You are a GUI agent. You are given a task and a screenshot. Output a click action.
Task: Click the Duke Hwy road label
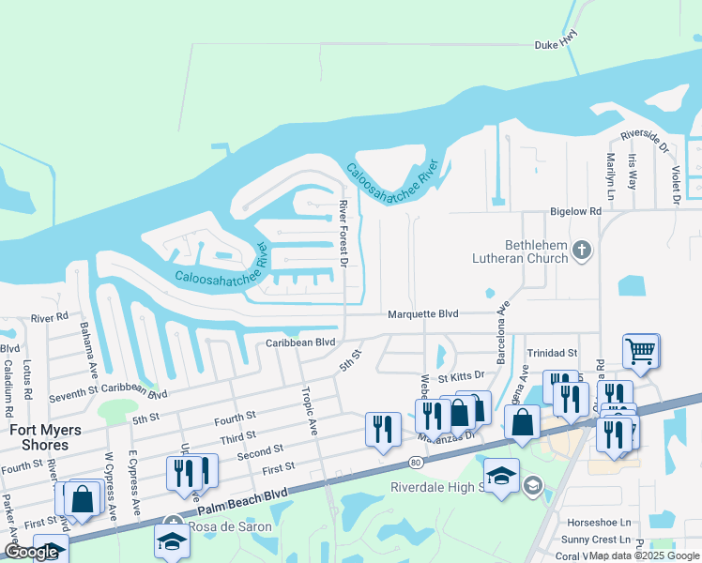coord(556,43)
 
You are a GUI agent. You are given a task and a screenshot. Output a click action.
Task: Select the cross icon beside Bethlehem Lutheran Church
coord(582,250)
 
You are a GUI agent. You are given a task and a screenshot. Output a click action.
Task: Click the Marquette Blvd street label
coord(423,313)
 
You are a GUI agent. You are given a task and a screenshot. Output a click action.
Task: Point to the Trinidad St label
coord(552,353)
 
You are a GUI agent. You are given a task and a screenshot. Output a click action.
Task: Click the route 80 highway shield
coord(415,463)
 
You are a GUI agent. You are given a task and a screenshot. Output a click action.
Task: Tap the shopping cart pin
coord(640,351)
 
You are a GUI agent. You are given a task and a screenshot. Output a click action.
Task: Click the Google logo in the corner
coord(31,552)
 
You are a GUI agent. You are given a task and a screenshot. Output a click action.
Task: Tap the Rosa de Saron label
coord(230,526)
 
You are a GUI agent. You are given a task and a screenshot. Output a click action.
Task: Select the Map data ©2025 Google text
coord(643,555)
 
